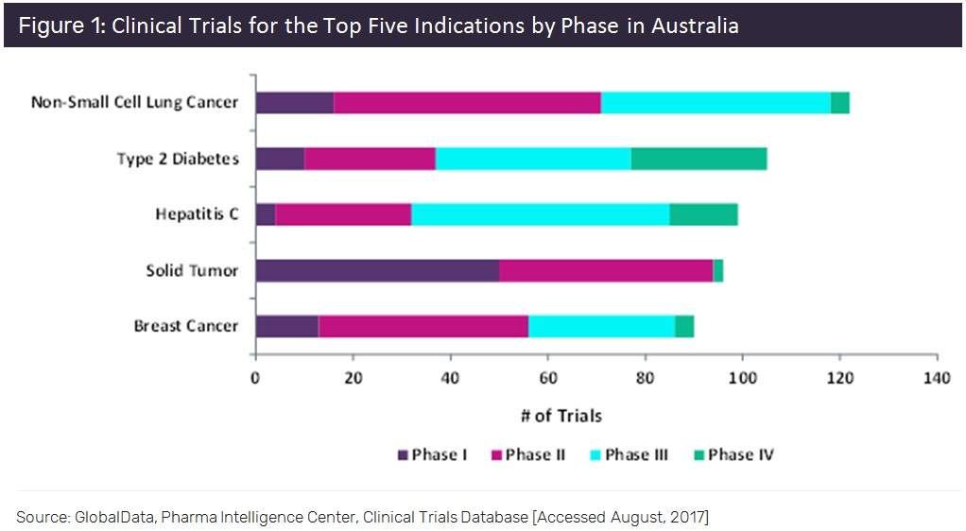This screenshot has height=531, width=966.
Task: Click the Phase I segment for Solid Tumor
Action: pyautogui.click(x=377, y=270)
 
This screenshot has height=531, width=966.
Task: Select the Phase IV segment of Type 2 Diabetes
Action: pyautogui.click(x=699, y=159)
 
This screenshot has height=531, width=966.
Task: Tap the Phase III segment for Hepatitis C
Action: pyautogui.click(x=540, y=214)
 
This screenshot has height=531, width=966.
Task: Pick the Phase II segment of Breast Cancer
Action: pyautogui.click(x=423, y=326)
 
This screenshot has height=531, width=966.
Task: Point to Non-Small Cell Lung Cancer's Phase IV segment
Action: pyautogui.click(x=839, y=102)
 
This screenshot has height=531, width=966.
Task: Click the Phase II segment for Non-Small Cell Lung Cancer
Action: pyautogui.click(x=467, y=102)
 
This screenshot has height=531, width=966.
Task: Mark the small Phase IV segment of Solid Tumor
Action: pyautogui.click(x=718, y=270)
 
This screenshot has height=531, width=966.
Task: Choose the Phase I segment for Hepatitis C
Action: pyautogui.click(x=265, y=214)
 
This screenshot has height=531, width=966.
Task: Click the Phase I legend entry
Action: pyautogui.click(x=433, y=454)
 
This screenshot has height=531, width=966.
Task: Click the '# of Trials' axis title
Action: pyautogui.click(x=561, y=416)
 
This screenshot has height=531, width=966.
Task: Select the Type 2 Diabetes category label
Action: pyautogui.click(x=178, y=159)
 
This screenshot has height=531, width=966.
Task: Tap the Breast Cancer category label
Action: pyautogui.click(x=185, y=326)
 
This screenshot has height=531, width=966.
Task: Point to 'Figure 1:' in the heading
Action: pyautogui.click(x=61, y=26)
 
